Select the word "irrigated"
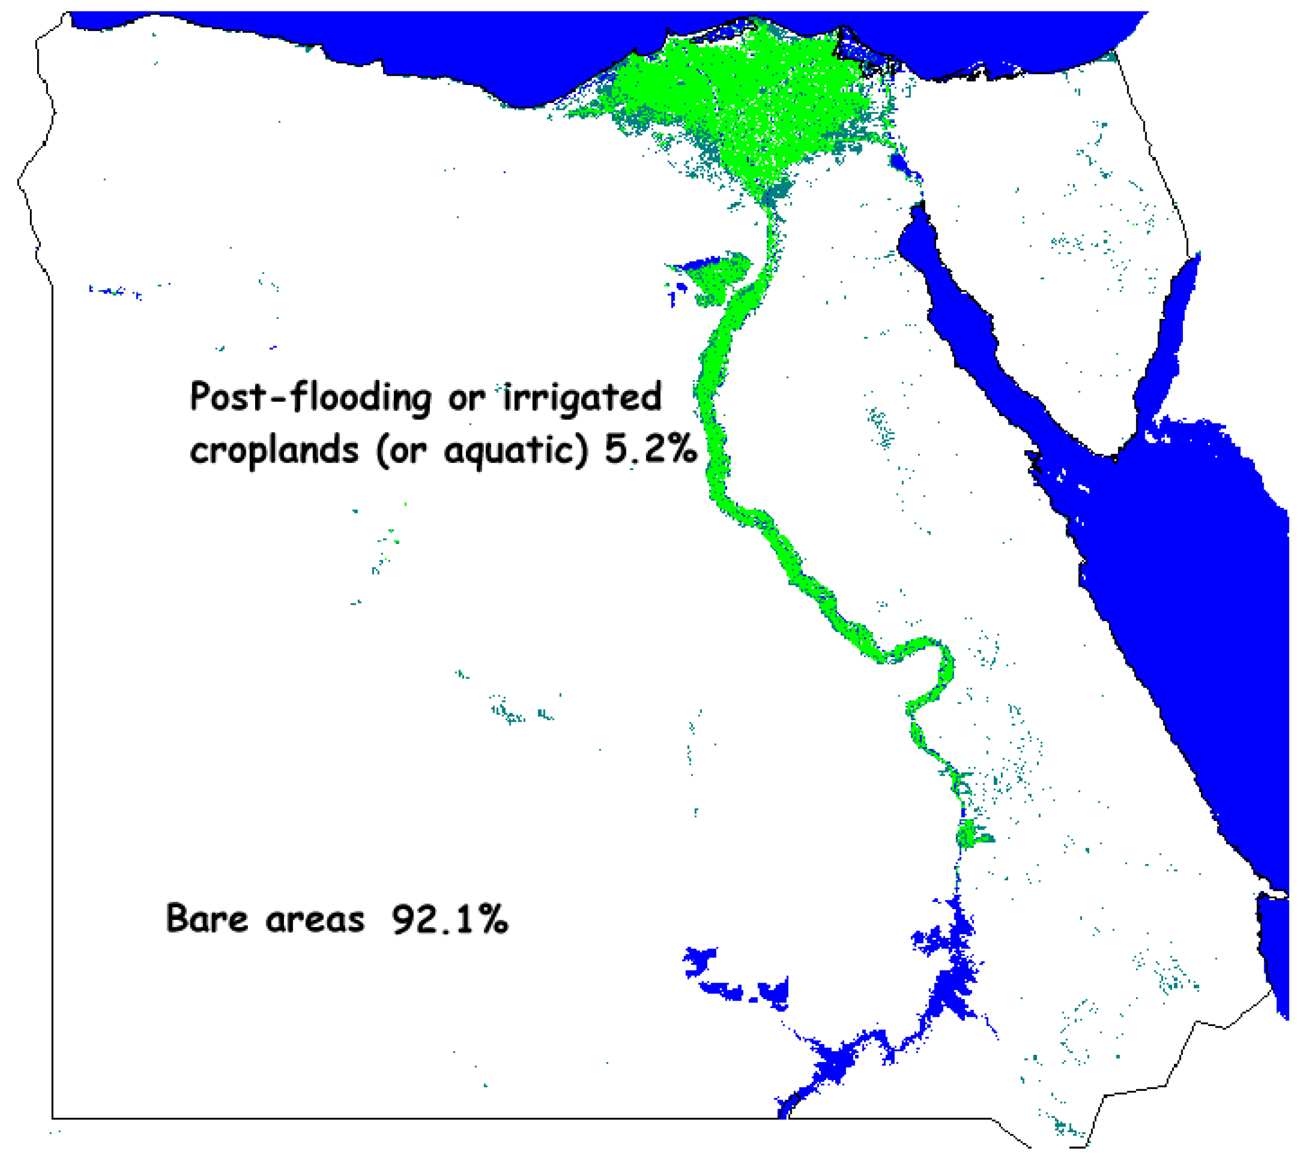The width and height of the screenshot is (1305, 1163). [x=582, y=398]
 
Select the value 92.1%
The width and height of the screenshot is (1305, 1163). [x=449, y=919]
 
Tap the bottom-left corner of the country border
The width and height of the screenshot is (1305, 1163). [x=53, y=1118]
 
